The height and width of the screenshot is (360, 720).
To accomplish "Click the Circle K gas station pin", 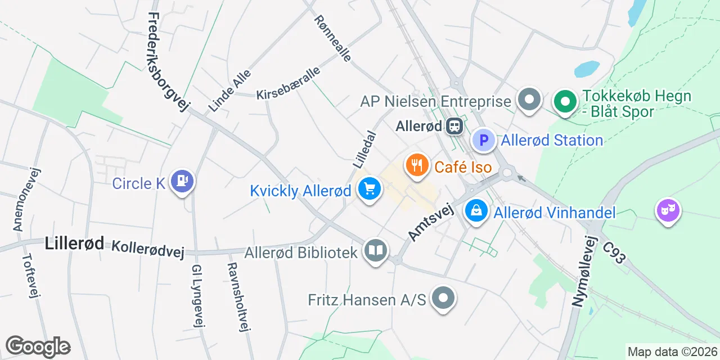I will point(182,181).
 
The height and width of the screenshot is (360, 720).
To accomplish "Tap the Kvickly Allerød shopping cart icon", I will point(370,190).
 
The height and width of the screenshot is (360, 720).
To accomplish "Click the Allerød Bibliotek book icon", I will point(375,250).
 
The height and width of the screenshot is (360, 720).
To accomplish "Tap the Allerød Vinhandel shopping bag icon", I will point(476,211).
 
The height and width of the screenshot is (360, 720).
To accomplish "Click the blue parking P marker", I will point(483,139).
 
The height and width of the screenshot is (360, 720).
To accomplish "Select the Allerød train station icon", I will point(454,126).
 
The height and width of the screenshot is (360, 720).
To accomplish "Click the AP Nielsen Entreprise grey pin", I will point(529,100).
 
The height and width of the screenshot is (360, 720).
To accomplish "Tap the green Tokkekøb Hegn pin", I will point(566,102).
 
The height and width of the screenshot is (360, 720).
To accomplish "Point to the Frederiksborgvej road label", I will point(168,62).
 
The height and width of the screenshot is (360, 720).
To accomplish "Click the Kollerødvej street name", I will point(148,249).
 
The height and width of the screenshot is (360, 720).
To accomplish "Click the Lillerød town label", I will point(74,244).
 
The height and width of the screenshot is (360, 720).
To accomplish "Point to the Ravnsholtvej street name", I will point(237,298).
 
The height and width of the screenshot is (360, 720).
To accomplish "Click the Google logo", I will point(38,346).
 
